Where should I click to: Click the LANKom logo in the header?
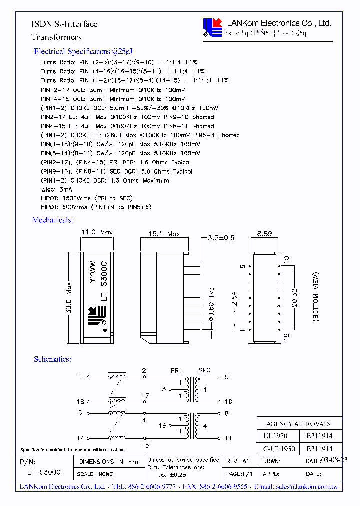pos(212,28)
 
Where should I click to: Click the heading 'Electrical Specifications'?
pos(83,51)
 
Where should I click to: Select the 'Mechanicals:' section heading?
pos(52,220)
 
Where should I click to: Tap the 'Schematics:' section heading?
pos(52,359)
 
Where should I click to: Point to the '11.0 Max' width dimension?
pos(97,232)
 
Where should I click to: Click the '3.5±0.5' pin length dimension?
pos(220,238)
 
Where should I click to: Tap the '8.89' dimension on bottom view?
pos(265,233)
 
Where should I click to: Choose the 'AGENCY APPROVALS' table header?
pos(298,423)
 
